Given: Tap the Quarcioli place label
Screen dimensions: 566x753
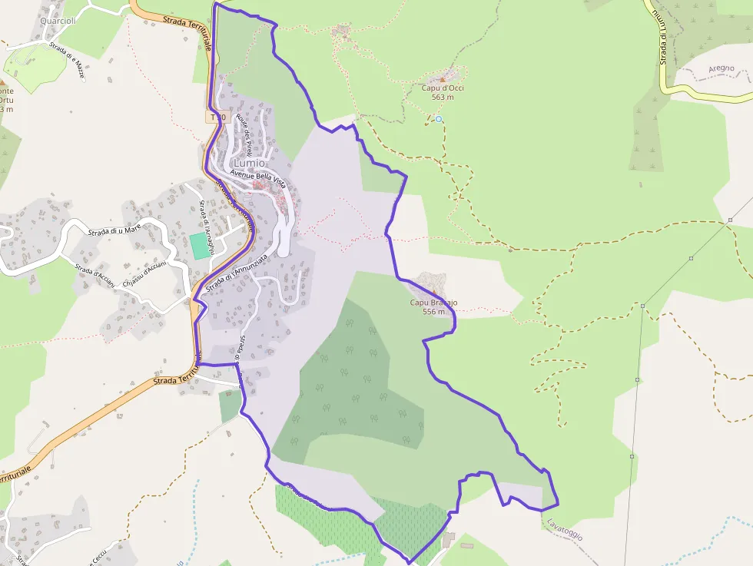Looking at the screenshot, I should pos(58,21).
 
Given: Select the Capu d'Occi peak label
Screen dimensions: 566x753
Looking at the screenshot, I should pos(443,88).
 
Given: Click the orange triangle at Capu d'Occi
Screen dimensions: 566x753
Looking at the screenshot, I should pos(443,78).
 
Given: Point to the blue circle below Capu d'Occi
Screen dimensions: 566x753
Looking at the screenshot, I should pos(439,119).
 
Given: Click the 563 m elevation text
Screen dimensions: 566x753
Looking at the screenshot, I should pos(443,97).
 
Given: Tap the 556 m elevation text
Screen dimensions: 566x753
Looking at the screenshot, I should pos(434,312).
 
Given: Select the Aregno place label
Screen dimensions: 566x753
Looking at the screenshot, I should pos(721,68).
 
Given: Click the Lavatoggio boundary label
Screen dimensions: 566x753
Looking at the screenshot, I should pos(565,529).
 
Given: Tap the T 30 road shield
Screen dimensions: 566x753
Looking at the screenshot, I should pos(217,118).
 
